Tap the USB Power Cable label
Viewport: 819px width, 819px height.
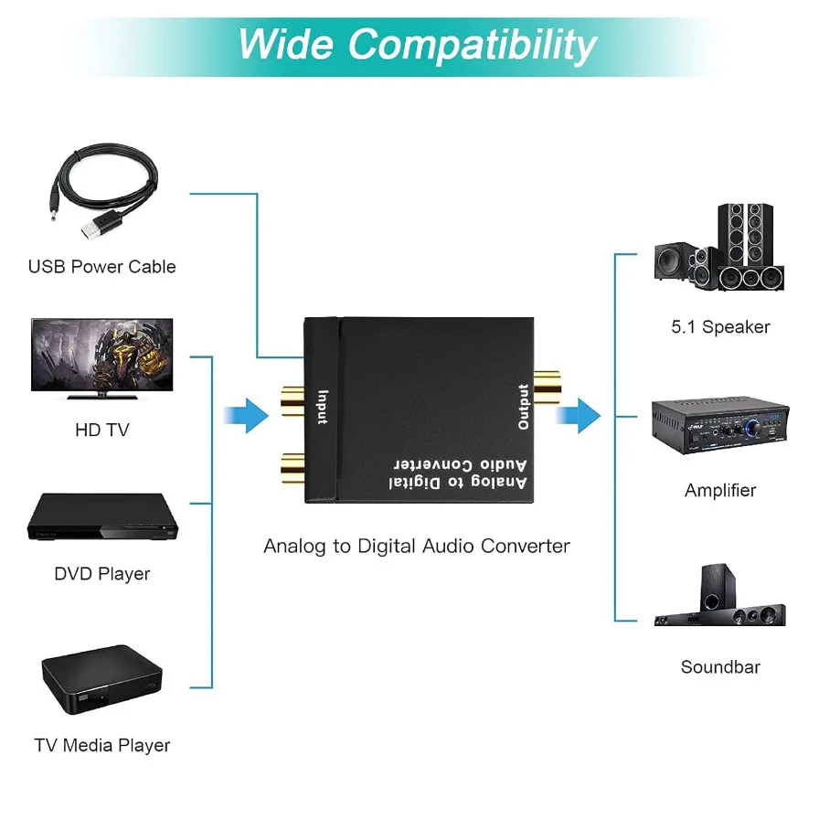point(101,267)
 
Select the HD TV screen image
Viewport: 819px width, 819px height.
point(101,356)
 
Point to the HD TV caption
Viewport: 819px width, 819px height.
point(101,430)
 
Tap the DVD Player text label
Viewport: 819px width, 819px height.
point(101,574)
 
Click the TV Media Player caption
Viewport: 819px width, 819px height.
point(101,745)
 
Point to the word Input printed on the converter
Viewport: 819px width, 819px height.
point(322,407)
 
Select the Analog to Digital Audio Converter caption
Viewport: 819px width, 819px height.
point(417,547)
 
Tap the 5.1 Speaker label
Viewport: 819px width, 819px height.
point(720,327)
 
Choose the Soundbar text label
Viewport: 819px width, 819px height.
point(720,667)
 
